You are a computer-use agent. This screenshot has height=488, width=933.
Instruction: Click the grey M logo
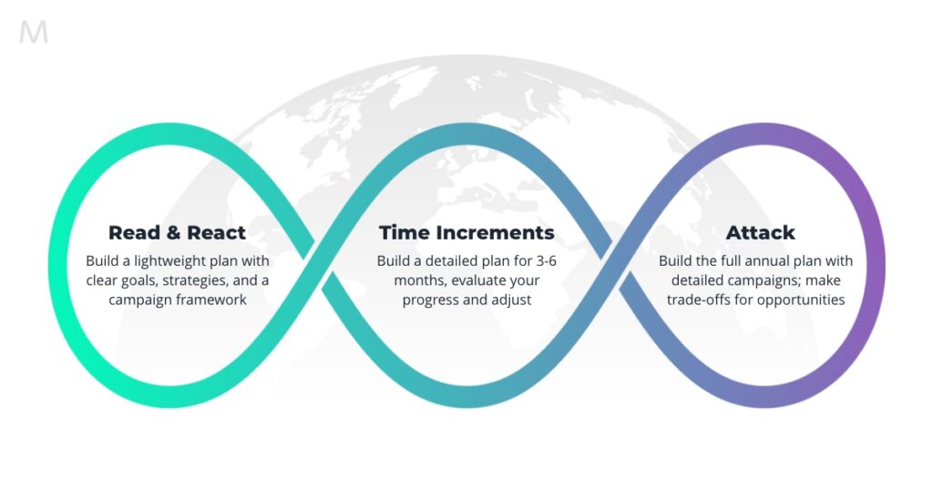[34, 32]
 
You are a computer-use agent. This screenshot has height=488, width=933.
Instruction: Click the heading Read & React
[177, 232]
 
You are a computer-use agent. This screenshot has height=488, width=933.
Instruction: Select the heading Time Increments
[466, 232]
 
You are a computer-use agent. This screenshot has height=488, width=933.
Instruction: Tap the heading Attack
[760, 232]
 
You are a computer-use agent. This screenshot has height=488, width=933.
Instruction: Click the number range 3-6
[547, 261]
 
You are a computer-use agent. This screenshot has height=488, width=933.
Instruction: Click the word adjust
[512, 300]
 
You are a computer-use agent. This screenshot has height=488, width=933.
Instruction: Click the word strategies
[197, 280]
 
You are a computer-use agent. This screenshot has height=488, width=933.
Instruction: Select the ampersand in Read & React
[173, 232]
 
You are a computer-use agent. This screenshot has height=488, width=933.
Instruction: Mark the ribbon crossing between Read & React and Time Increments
[318, 265]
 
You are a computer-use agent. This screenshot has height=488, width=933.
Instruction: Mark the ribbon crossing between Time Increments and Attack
[615, 265]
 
